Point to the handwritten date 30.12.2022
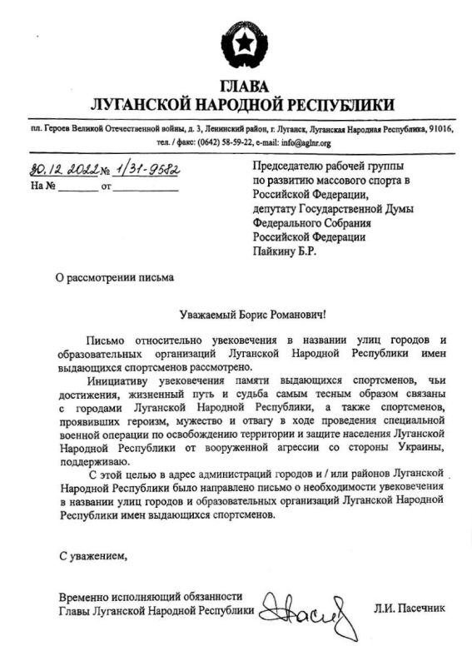point(63,170)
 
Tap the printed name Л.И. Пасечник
point(409,609)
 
